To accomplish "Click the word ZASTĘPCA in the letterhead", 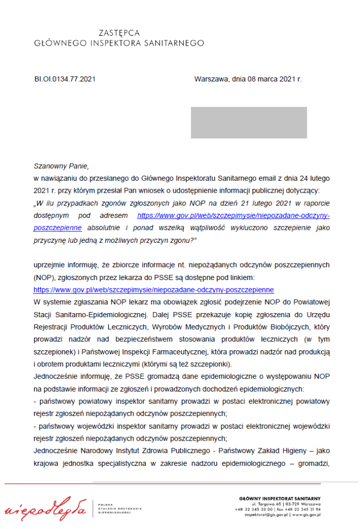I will click(119, 33).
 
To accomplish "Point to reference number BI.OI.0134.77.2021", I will click(65, 79).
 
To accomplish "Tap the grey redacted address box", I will click(249, 122).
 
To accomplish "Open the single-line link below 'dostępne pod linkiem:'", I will click(153, 290).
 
